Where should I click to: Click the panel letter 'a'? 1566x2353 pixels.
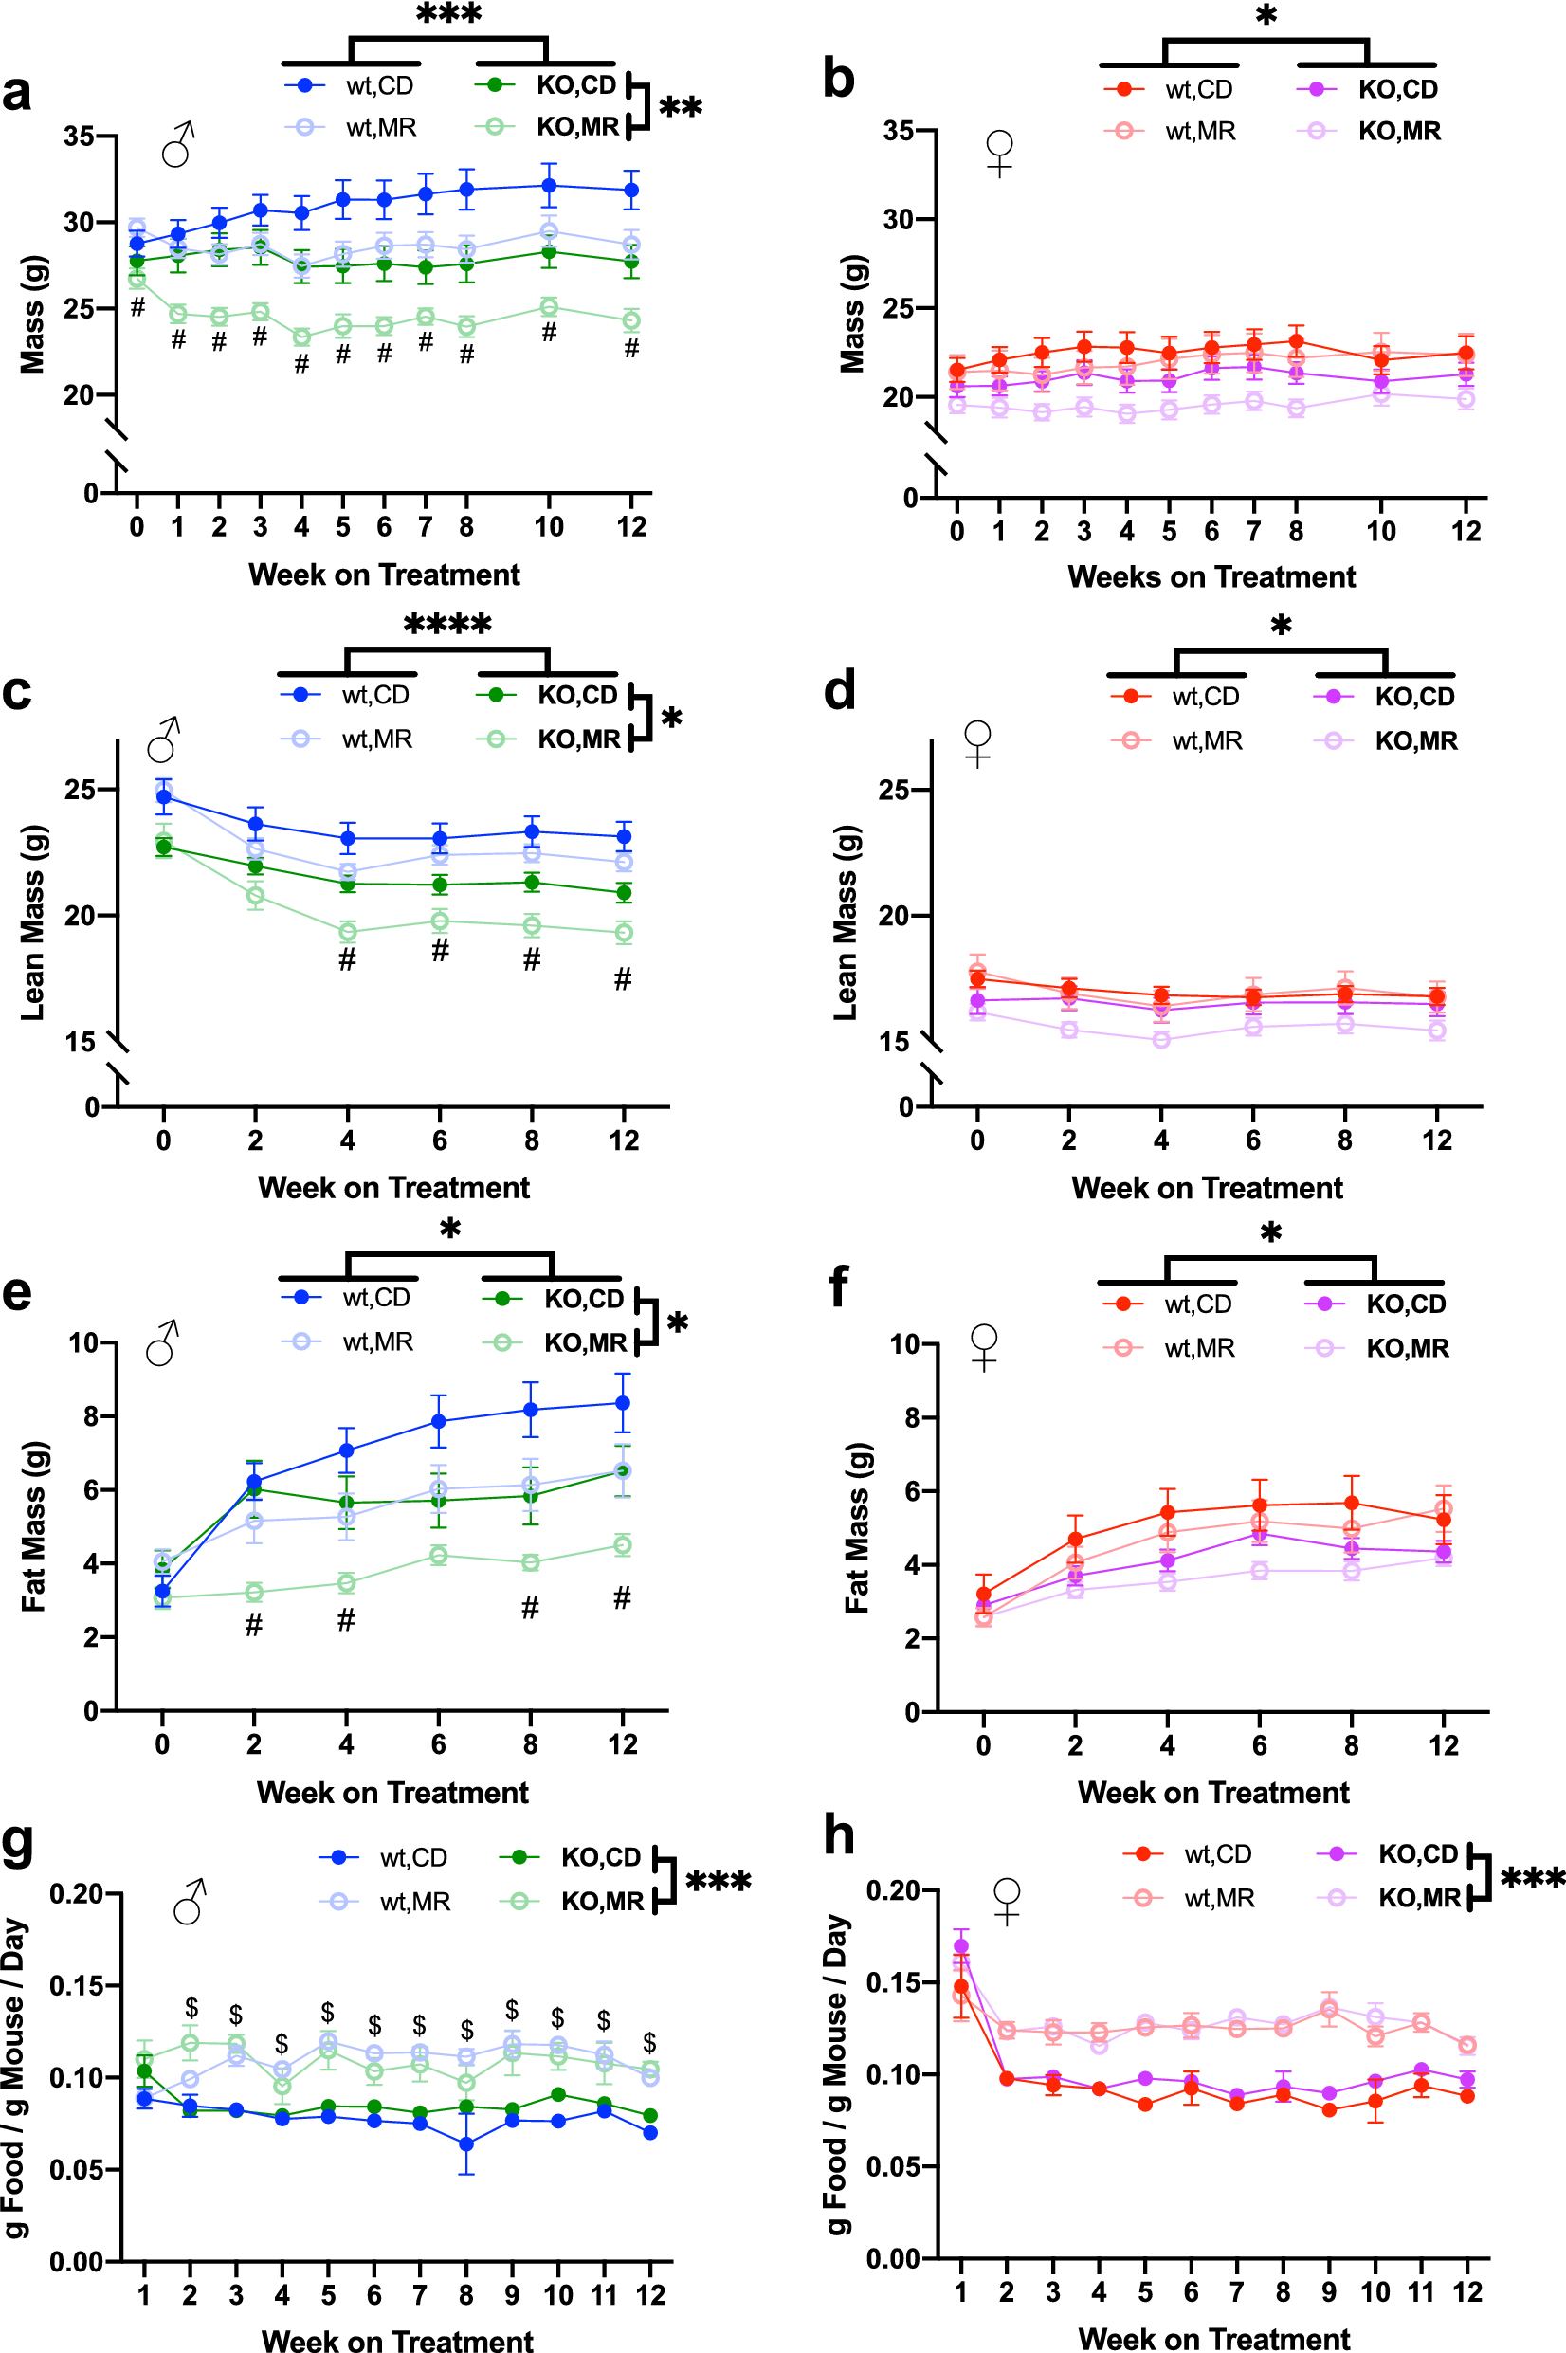17,93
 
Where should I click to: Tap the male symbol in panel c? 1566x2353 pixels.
164,740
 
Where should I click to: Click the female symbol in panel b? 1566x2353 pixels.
1000,153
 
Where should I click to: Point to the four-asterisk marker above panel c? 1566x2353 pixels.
447,625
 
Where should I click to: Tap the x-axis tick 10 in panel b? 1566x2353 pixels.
1380,531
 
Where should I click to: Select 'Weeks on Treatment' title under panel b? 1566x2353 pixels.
1211,576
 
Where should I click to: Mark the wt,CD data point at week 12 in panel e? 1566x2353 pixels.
622,1402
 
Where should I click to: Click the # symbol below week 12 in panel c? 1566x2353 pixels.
622,978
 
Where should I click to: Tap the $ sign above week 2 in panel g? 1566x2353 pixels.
191,2006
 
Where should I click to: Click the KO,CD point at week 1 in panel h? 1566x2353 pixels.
961,1945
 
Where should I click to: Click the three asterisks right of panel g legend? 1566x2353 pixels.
719,1882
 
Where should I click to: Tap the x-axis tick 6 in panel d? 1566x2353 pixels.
1252,1140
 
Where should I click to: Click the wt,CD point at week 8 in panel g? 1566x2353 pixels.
466,2143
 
